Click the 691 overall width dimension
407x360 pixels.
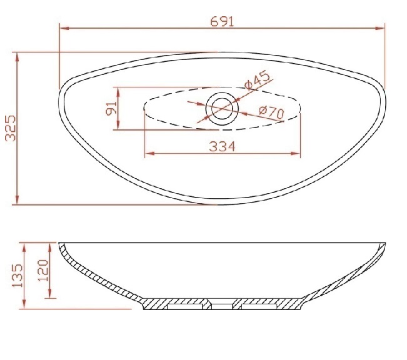pyautogui.click(x=222, y=21)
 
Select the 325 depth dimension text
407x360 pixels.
pyautogui.click(x=11, y=128)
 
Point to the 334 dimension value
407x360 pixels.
pyautogui.click(x=222, y=146)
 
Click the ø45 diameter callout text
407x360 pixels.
pyautogui.click(x=257, y=79)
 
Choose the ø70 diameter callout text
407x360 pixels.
pyautogui.click(x=272, y=112)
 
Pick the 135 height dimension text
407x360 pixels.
pyautogui.click(x=18, y=276)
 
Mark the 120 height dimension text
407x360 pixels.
pyautogui.click(x=43, y=271)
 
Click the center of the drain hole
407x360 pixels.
pyautogui.click(x=222, y=109)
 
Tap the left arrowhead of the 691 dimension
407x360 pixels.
pyautogui.click(x=64, y=28)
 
